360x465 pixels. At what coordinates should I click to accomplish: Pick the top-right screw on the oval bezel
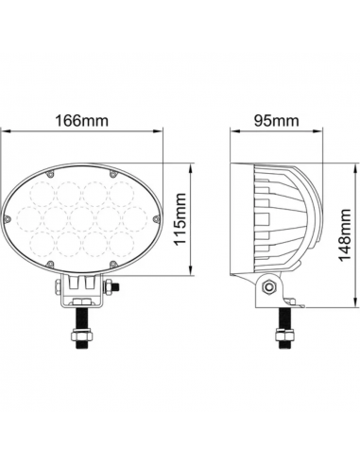pyautogui.click(x=113, y=175)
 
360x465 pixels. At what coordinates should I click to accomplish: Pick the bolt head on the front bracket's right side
pyautogui.click(x=112, y=287)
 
